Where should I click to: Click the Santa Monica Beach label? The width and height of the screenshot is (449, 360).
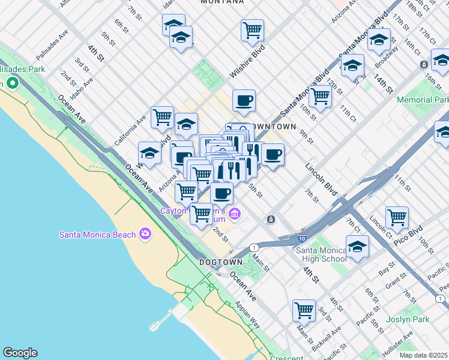97,234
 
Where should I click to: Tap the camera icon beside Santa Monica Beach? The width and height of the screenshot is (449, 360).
145,233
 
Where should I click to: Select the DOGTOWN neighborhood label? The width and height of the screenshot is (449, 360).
221,262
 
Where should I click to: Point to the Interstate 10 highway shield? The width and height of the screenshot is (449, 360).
303,238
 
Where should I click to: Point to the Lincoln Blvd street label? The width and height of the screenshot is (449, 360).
322,179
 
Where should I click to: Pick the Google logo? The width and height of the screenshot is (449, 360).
20,353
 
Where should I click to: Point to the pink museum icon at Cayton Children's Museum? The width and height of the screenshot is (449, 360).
235,213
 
